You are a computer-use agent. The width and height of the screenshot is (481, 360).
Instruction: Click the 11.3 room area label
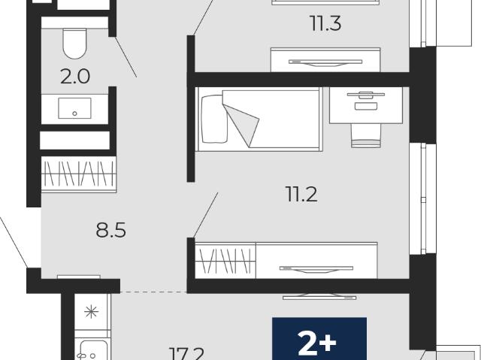tap(325, 23)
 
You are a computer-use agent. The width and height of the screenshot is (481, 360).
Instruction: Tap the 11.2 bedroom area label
tap(301, 194)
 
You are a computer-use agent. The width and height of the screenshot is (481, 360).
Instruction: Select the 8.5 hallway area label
tap(110, 230)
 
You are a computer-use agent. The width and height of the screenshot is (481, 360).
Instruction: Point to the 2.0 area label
tap(75, 77)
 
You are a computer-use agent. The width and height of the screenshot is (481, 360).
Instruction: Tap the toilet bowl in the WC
tap(74, 44)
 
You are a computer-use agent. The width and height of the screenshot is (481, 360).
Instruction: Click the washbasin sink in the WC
tap(74, 108)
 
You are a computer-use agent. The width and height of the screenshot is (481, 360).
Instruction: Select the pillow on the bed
tap(214, 119)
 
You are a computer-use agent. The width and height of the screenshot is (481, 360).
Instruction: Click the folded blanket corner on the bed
tap(241, 125)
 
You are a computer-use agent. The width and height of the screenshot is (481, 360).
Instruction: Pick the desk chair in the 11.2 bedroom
tap(366, 135)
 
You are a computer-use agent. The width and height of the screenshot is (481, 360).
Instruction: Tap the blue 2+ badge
tap(319, 338)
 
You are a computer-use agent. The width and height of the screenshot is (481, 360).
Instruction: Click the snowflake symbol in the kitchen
tap(92, 312)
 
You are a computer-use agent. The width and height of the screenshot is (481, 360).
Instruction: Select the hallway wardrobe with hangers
tap(79, 174)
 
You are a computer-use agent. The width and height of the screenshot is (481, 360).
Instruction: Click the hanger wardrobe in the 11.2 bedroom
tap(225, 261)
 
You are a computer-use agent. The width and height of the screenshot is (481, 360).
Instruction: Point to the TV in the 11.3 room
tap(325, 62)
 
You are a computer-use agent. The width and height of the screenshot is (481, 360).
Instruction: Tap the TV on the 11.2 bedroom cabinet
tap(316, 269)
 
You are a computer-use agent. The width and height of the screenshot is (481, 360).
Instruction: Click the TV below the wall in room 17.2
tap(319, 296)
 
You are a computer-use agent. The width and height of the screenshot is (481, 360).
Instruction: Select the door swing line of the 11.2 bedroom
tap(205, 215)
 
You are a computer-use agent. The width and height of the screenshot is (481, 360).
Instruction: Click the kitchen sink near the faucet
tap(92, 350)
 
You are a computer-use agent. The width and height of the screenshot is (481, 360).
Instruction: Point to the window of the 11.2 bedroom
tap(423, 199)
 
